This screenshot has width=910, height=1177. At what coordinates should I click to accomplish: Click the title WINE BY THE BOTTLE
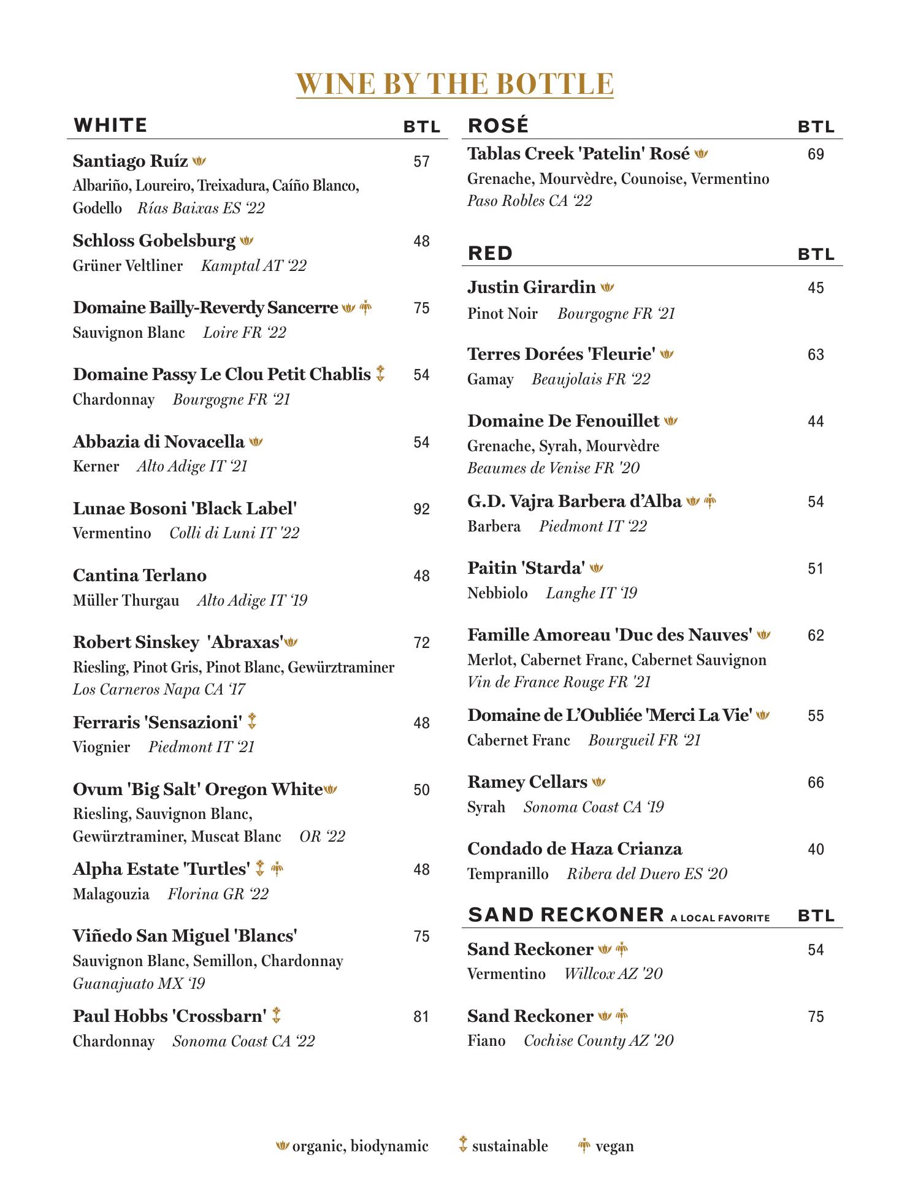[x=454, y=84]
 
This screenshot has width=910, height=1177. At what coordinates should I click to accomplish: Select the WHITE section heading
[x=110, y=126]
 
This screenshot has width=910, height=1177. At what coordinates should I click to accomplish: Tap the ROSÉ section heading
[x=498, y=126]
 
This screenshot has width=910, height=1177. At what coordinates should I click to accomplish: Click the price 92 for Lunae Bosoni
[x=421, y=509]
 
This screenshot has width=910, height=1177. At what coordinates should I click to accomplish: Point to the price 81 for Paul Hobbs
[x=421, y=1017]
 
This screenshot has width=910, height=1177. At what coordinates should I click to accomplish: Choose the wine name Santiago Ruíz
[x=130, y=161]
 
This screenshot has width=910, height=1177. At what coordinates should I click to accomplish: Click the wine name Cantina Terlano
[x=140, y=576]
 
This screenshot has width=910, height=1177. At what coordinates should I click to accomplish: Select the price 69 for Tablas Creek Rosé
[x=816, y=154]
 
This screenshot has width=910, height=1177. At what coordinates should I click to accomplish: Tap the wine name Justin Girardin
[x=531, y=288]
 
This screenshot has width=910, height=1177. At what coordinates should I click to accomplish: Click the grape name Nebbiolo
[x=497, y=593]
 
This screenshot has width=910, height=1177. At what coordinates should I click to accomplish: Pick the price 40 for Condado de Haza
[x=816, y=850]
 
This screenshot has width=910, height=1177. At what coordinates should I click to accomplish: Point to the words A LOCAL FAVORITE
[x=720, y=918]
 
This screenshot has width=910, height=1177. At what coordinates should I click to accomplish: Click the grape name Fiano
[x=486, y=1041]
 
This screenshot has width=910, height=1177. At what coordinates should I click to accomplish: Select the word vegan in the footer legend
[x=614, y=1146]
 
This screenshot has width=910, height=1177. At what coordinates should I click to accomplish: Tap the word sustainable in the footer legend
[x=510, y=1146]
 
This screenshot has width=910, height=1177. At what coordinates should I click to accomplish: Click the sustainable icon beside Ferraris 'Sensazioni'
[x=251, y=722]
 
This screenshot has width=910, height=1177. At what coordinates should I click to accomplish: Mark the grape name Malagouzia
[x=111, y=894]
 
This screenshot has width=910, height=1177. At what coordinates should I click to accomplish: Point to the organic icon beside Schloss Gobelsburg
[x=247, y=241]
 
